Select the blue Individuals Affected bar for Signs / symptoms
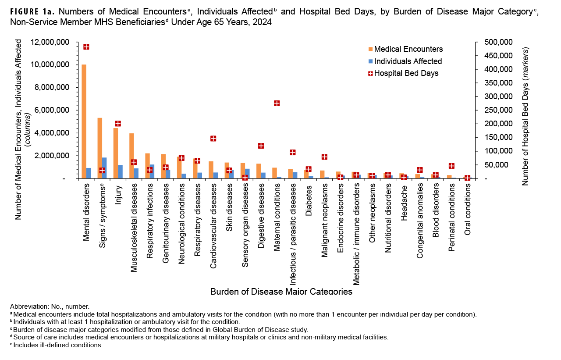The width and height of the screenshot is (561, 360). pyautogui.click(x=104, y=168)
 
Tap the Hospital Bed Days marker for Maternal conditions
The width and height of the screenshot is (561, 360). pyautogui.click(x=277, y=103)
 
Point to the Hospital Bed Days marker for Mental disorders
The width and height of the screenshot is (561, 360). pyautogui.click(x=86, y=47)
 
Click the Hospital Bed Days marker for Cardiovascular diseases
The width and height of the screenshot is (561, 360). pyautogui.click(x=213, y=139)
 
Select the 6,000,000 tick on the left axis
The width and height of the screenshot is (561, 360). pyautogui.click(x=51, y=110)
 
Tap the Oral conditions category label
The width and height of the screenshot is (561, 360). pyautogui.click(x=468, y=209)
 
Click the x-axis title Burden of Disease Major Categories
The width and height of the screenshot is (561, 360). pyautogui.click(x=281, y=292)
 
